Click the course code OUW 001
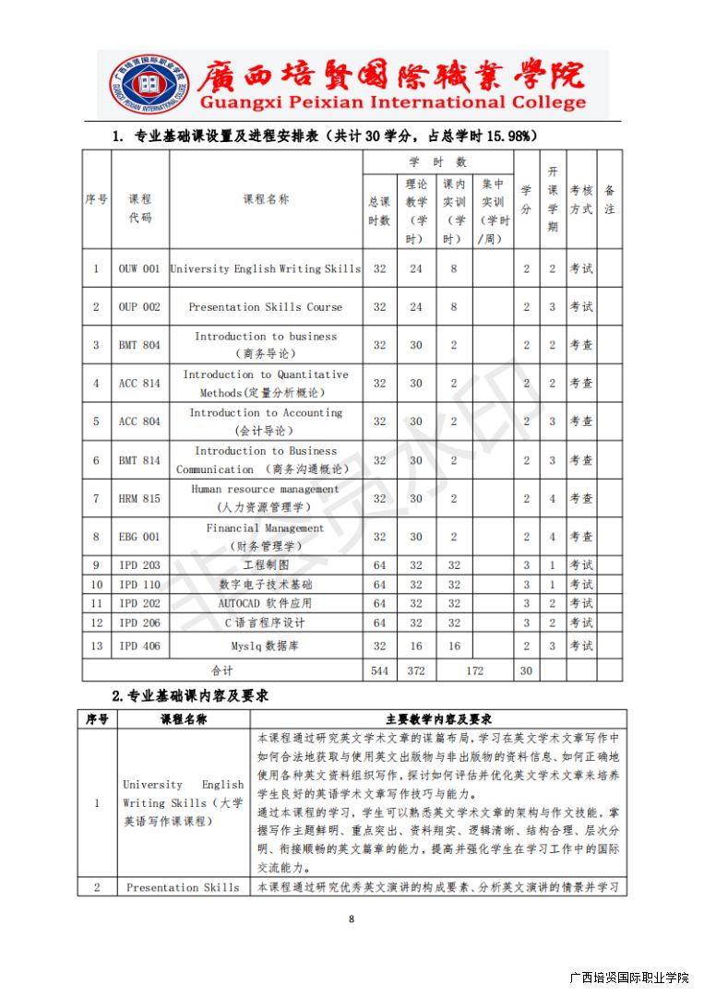139,268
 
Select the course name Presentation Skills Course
265,307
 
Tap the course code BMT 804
139,345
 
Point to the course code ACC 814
139,384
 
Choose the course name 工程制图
265,564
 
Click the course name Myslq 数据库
265,646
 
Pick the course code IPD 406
139,646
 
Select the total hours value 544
379,670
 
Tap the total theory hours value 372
416,670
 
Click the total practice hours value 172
474,670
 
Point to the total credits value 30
526,670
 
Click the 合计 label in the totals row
222,670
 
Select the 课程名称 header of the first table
266,199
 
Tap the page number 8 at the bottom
352,919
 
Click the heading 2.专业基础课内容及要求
189,694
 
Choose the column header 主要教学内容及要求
438,718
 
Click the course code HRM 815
139,498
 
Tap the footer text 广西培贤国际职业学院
629,977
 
